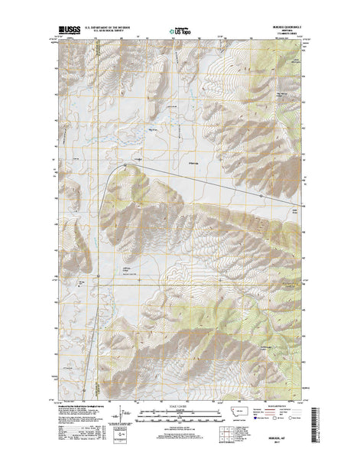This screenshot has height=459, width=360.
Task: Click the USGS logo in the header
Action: coord(68,32)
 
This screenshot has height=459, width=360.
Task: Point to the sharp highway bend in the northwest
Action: coord(122,163)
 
